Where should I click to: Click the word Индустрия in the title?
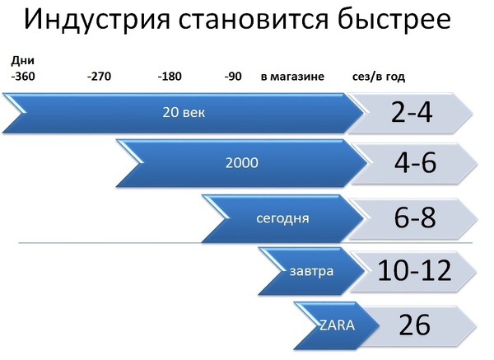[x=97, y=20]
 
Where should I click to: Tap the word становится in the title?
[x=254, y=19]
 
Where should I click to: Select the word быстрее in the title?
[x=394, y=20]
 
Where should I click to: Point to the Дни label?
[x=23, y=60]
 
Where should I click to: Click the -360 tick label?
[x=23, y=77]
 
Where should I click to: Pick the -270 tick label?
[x=100, y=77]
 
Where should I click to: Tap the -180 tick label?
[x=170, y=77]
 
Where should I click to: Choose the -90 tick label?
[x=233, y=77]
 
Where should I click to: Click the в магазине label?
[x=292, y=77]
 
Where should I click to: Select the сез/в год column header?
[x=379, y=77]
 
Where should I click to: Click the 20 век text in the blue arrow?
[x=184, y=113]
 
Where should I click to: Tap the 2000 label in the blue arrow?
[x=241, y=163]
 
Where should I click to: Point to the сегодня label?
[x=282, y=218]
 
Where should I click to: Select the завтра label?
[x=311, y=271]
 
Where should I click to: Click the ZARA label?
[x=337, y=325]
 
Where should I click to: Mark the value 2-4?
[x=412, y=113]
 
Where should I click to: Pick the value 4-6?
[x=415, y=162]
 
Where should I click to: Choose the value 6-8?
[x=415, y=217]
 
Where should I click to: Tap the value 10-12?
[x=414, y=270]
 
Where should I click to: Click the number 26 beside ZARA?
[x=414, y=325]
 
